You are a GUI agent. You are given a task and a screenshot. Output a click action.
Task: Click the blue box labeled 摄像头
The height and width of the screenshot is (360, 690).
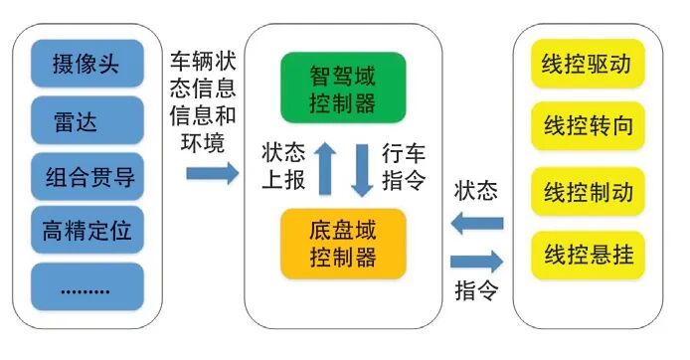point(88,67)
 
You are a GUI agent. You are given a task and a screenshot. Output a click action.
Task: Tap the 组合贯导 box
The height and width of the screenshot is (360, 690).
point(88,178)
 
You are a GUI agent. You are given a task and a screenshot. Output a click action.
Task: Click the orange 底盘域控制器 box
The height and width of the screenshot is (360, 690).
point(343,243)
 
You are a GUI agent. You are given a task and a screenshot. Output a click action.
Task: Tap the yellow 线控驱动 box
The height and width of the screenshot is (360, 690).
point(589,67)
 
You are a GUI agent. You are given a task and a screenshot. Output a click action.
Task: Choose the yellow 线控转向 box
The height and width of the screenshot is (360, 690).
point(589,128)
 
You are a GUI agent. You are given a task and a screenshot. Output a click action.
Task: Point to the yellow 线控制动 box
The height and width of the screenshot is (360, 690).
point(589,190)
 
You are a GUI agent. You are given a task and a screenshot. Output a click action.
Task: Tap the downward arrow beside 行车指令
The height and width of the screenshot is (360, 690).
point(362,168)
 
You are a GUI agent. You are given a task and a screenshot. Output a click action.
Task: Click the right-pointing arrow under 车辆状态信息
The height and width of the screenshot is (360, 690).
point(211,173)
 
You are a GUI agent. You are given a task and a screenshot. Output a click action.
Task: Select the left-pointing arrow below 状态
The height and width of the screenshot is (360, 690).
point(478,225)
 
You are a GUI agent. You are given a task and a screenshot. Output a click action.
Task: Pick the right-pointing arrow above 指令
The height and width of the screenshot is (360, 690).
point(478,263)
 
